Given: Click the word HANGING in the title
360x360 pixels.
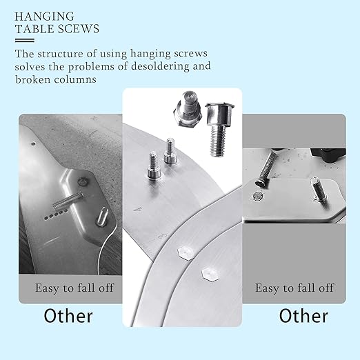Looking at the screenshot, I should tap(41, 15).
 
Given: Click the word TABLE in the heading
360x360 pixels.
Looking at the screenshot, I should tap(36, 29).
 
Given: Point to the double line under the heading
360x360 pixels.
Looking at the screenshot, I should tap(24, 41).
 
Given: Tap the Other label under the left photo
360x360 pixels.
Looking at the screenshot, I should tap(68, 316).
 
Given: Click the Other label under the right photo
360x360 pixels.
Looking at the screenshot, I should tap(303, 316).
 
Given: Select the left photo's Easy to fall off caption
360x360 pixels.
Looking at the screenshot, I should tap(69, 287).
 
